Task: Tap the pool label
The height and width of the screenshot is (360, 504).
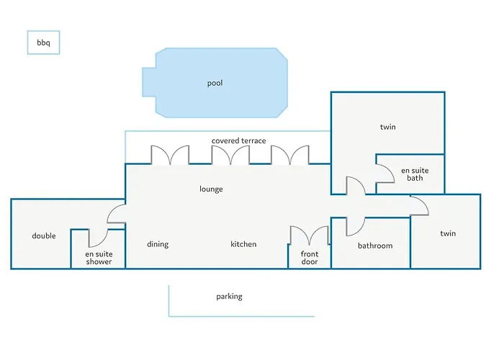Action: coord(215,84)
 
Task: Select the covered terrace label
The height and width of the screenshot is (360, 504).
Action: coord(239,141)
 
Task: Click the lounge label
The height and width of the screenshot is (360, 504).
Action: coord(211,189)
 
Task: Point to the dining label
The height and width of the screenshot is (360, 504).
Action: coord(158,244)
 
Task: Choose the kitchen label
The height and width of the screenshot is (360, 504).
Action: coord(243,244)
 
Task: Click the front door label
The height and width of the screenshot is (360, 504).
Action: coord(310,258)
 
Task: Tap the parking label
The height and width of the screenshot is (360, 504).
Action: coord(229,297)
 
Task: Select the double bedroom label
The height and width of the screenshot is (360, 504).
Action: coord(44,236)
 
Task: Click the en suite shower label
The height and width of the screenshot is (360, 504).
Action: coord(99,258)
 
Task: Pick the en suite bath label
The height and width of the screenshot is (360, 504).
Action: coord(415,174)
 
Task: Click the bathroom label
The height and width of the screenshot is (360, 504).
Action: coord(375,246)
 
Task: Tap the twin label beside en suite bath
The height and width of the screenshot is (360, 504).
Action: coord(388,127)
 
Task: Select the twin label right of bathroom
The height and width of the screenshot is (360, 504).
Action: coord(448,233)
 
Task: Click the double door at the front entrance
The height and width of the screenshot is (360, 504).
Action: coord(309,235)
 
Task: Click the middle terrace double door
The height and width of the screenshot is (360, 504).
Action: coord(230,155)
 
